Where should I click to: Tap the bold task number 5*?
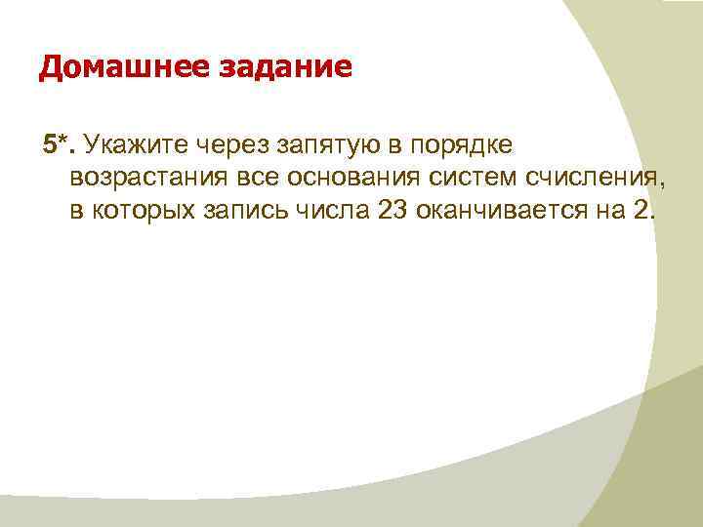coord(60,145)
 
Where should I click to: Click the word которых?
coord(140,212)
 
